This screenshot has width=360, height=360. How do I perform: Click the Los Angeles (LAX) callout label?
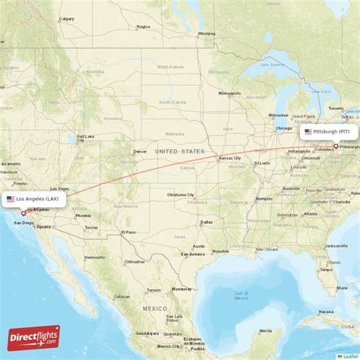pyautogui.click(x=34, y=199)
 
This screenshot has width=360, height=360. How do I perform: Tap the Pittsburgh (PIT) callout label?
pyautogui.click(x=327, y=132)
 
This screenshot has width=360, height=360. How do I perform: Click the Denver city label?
pyautogui.click(x=140, y=151)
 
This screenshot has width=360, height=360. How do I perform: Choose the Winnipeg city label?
pyautogui.click(x=206, y=33)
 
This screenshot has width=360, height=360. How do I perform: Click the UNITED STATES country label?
pyautogui.click(x=180, y=152)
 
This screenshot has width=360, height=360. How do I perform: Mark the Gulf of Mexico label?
pyautogui.click(x=242, y=294)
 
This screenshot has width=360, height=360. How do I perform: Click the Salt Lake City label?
pyautogui.click(x=84, y=138)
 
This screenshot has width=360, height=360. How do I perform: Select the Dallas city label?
pyautogui.click(x=207, y=222)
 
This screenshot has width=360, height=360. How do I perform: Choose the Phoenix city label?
pyautogui.click(x=84, y=216)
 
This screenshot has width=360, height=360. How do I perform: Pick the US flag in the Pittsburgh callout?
pyautogui.click(x=307, y=132)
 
